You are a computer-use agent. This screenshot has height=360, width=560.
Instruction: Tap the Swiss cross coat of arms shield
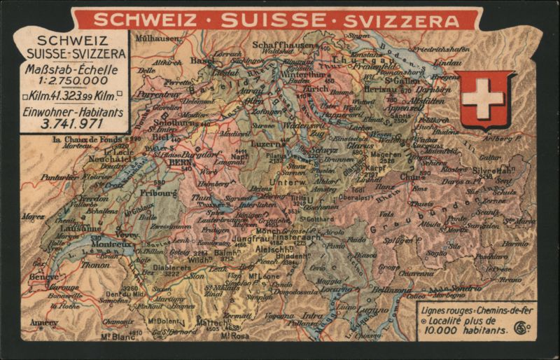click(x=482, y=98)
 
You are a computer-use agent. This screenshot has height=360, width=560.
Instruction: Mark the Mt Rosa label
click(x=236, y=336)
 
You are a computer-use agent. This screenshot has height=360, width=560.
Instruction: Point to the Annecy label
click(x=44, y=324)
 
